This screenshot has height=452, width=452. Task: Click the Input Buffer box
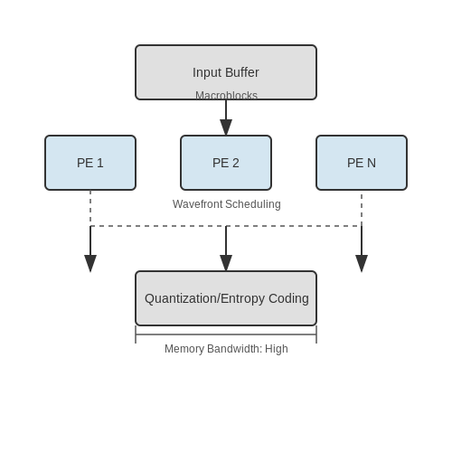click(x=226, y=72)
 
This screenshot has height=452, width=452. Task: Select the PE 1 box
click(x=90, y=163)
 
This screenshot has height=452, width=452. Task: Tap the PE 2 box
click(x=226, y=163)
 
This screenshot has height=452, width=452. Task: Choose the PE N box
click(x=362, y=163)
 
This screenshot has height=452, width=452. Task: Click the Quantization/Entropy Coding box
click(x=226, y=298)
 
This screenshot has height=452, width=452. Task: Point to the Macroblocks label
click(x=226, y=95)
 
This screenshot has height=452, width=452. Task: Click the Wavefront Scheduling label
click(x=227, y=204)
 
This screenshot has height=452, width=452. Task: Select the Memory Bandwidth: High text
click(x=226, y=349)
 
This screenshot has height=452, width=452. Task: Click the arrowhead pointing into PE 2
click(x=226, y=127)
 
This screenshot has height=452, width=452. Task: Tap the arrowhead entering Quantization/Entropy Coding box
click(x=226, y=263)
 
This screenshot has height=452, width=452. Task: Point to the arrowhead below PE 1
click(x=90, y=263)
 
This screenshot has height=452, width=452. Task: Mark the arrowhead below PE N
click(x=362, y=263)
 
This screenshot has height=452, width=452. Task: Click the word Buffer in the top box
click(x=242, y=72)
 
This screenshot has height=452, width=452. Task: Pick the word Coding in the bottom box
click(x=288, y=298)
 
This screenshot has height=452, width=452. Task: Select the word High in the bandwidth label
click(x=277, y=349)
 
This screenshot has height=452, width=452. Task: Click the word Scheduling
click(x=253, y=204)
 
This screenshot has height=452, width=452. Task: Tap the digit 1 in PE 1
click(x=100, y=163)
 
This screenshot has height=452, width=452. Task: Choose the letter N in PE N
click(x=372, y=163)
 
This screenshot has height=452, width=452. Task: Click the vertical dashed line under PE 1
click(x=90, y=208)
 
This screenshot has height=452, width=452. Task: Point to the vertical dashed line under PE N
click(x=362, y=210)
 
